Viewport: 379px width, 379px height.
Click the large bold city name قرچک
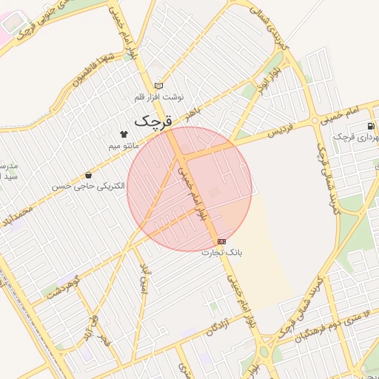pyautogui.click(x=153, y=119)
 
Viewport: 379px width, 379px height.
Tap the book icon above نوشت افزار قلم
pyautogui.click(x=158, y=87)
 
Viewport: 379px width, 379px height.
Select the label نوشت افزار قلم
pyautogui.click(x=158, y=97)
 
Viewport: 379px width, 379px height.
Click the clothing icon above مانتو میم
pyautogui.click(x=124, y=134)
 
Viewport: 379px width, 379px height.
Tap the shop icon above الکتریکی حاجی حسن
pyautogui.click(x=90, y=175)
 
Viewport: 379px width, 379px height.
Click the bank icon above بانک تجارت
pyautogui.click(x=221, y=241)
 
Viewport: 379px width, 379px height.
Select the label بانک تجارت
pyautogui.click(x=221, y=252)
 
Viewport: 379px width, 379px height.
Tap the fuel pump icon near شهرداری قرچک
pyautogui.click(x=370, y=126)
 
